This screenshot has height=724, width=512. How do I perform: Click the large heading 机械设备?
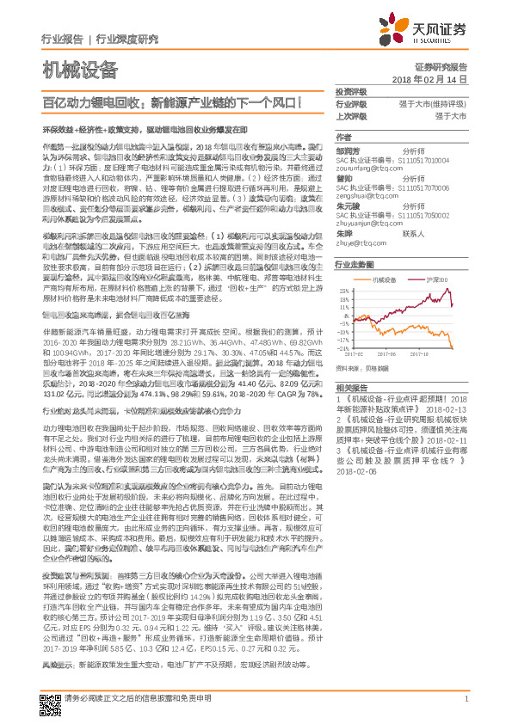80,68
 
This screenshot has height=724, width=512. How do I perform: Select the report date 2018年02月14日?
429,78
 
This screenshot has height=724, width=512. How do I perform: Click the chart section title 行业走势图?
354,264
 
